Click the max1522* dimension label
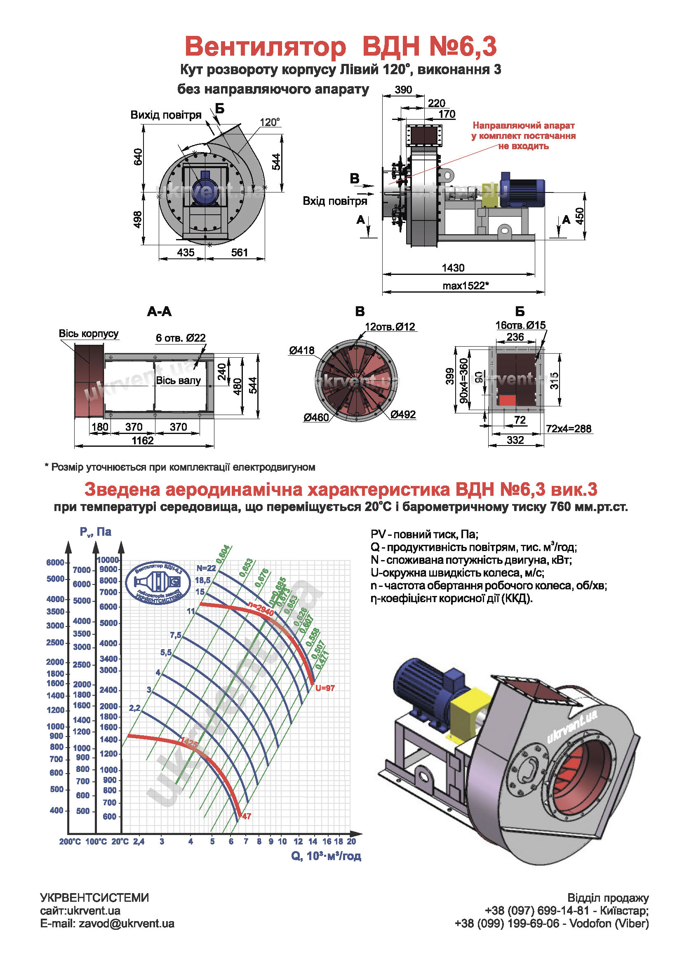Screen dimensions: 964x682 (x=465, y=286)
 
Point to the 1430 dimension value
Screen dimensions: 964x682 (x=453, y=268)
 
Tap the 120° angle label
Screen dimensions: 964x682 (x=270, y=122)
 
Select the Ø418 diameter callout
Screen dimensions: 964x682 (x=301, y=350)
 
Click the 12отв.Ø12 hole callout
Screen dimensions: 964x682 (x=390, y=327)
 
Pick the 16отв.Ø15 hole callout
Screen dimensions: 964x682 (x=520, y=325)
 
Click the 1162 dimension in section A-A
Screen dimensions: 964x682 (x=143, y=441)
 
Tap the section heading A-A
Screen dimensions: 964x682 (x=159, y=312)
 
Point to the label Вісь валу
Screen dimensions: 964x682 (x=178, y=381)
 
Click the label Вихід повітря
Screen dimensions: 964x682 (x=166, y=115)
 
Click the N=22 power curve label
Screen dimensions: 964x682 (x=206, y=568)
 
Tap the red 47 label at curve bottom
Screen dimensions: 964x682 (x=247, y=816)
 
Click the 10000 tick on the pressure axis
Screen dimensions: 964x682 (x=108, y=560)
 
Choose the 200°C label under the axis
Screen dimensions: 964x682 (x=70, y=842)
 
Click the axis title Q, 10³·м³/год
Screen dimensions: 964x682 (x=326, y=856)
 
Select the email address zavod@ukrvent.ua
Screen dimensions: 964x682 (x=127, y=924)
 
